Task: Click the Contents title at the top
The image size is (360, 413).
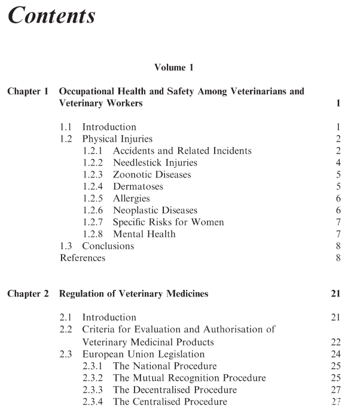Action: (x=51, y=16)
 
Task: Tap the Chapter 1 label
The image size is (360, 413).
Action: (x=28, y=91)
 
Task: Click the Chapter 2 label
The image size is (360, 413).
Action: (x=28, y=293)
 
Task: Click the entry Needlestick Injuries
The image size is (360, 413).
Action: (x=155, y=163)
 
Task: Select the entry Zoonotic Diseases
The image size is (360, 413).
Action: (x=152, y=175)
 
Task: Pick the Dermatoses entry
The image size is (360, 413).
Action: (x=138, y=186)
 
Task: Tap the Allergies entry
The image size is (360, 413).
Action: (x=131, y=198)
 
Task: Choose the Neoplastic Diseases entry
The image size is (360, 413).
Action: (x=155, y=210)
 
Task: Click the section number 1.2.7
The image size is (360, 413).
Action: (x=94, y=222)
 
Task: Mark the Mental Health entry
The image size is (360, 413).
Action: (x=144, y=234)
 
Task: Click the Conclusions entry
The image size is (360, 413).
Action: (x=108, y=246)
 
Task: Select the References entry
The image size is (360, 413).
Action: (x=83, y=258)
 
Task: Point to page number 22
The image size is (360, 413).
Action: (x=335, y=342)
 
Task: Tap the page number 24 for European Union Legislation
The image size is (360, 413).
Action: (x=335, y=354)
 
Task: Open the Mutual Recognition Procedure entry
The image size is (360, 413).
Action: (x=189, y=378)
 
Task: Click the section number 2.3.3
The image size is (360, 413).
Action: (x=94, y=390)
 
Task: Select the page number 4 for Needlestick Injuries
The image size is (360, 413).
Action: (x=338, y=163)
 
